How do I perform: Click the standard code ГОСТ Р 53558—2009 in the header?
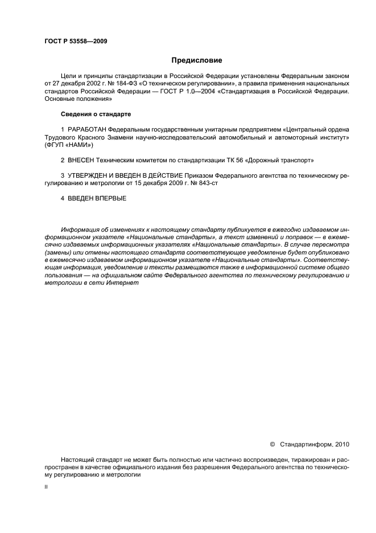tap(76, 42)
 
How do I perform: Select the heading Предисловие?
tap(197, 60)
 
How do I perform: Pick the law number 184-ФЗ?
tap(121, 83)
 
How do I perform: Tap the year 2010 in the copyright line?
tap(342, 444)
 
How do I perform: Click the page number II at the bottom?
tap(46, 488)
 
